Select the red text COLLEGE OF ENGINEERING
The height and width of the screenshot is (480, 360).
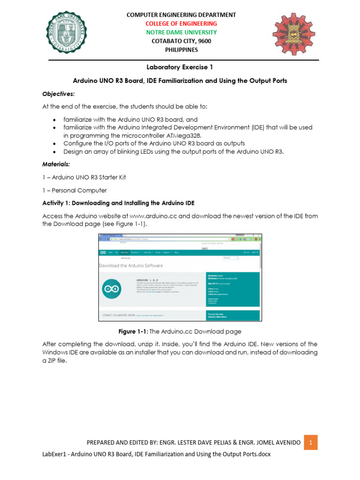(181, 23)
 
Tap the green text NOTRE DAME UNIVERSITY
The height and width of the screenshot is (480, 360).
(181, 32)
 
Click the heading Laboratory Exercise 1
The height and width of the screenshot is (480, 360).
(180, 67)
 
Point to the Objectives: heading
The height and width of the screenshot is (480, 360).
(59, 94)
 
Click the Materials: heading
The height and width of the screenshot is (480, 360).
(57, 164)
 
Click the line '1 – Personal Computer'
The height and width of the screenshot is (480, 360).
(75, 190)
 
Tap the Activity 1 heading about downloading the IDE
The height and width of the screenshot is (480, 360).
(118, 203)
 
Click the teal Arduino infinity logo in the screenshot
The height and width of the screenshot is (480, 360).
(112, 290)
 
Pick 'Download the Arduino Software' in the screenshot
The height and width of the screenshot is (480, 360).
(131, 265)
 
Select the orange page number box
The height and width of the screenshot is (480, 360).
(310, 442)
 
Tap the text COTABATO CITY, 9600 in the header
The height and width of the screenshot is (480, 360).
(181, 41)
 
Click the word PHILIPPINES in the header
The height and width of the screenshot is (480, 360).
(181, 50)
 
